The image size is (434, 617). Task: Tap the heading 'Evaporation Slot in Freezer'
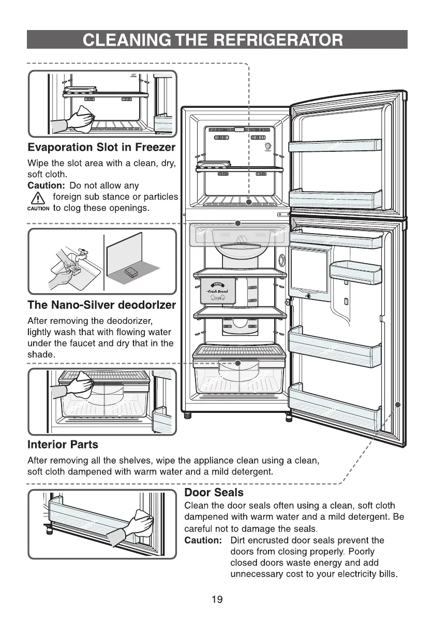coord(101,148)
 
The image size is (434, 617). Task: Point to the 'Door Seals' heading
coord(214,492)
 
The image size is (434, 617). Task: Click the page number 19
coord(217,600)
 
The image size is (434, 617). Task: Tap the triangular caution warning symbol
coord(38,198)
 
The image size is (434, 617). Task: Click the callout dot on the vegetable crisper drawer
coord(237,363)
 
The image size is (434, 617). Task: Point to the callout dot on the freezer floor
coord(248,202)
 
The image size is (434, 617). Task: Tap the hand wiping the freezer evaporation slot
coord(81,117)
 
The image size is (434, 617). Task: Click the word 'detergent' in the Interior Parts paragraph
coord(252,472)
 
